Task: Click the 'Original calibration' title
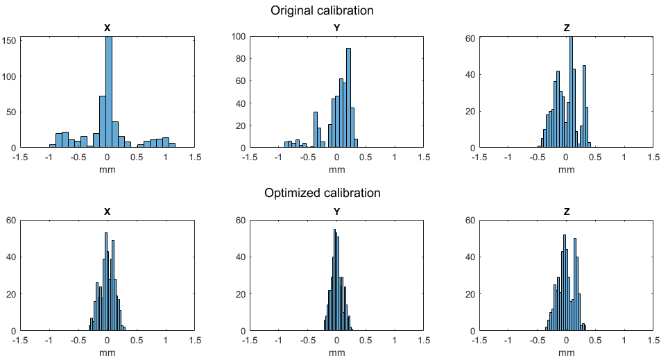[x=322, y=10]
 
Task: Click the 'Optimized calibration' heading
[x=322, y=193]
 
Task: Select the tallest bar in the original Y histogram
[x=348, y=98]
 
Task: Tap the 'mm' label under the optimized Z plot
[x=567, y=352]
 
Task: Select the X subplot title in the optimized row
[x=107, y=212]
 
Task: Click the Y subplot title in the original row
[x=337, y=28]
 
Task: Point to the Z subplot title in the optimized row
[x=567, y=212]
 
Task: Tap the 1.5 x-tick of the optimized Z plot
[x=653, y=341]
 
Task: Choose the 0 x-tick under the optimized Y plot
[x=336, y=341]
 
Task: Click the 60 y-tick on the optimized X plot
[x=11, y=221]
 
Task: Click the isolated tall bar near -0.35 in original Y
[x=315, y=130]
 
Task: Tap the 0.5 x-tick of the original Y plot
[x=366, y=157]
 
